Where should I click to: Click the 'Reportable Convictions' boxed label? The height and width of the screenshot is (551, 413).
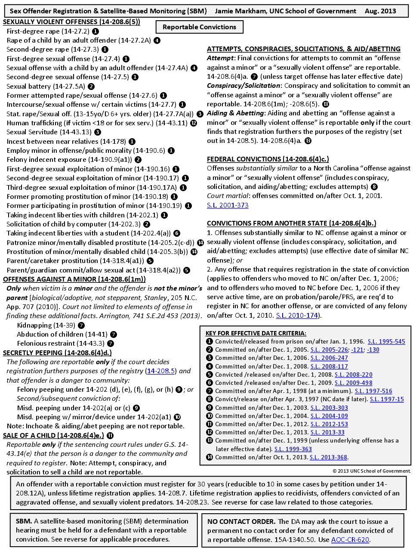click(x=199, y=27)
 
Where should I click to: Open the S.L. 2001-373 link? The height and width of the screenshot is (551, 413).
click(x=228, y=205)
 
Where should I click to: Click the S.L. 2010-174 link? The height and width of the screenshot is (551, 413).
click(x=297, y=316)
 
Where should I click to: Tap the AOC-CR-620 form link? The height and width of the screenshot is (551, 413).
click(x=350, y=540)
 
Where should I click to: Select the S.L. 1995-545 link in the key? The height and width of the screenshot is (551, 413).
click(x=386, y=342)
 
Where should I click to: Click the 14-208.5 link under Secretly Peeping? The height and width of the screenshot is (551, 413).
click(x=161, y=371)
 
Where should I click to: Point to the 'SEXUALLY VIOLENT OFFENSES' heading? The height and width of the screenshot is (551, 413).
click(x=71, y=22)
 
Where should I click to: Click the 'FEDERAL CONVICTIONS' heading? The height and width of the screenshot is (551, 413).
click(x=268, y=159)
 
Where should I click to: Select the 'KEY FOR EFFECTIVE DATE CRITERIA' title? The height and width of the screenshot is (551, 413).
click(x=256, y=333)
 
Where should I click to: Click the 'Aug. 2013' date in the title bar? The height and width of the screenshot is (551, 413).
click(x=380, y=11)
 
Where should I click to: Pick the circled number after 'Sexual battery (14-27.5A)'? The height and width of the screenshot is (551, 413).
click(x=91, y=87)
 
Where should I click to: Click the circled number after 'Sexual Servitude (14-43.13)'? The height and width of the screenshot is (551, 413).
click(x=98, y=133)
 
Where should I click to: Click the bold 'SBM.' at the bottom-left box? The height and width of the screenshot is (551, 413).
click(x=24, y=521)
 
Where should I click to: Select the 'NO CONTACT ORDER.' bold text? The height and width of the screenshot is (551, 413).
click(x=241, y=522)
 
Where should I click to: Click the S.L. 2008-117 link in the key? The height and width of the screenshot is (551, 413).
click(x=329, y=366)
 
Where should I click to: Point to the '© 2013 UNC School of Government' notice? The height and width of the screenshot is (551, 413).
click(x=371, y=471)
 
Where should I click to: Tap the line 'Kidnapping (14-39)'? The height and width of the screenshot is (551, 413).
click(x=46, y=325)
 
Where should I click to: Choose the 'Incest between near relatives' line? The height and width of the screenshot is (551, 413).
click(x=66, y=142)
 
